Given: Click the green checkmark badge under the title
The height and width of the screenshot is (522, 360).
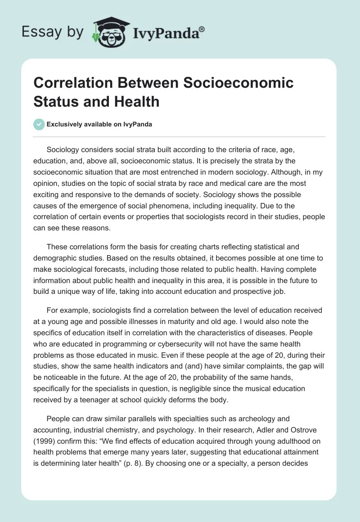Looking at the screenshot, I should pyautogui.click(x=39, y=124).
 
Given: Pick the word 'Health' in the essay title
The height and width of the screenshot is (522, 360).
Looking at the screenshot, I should pyautogui.click(x=136, y=101).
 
